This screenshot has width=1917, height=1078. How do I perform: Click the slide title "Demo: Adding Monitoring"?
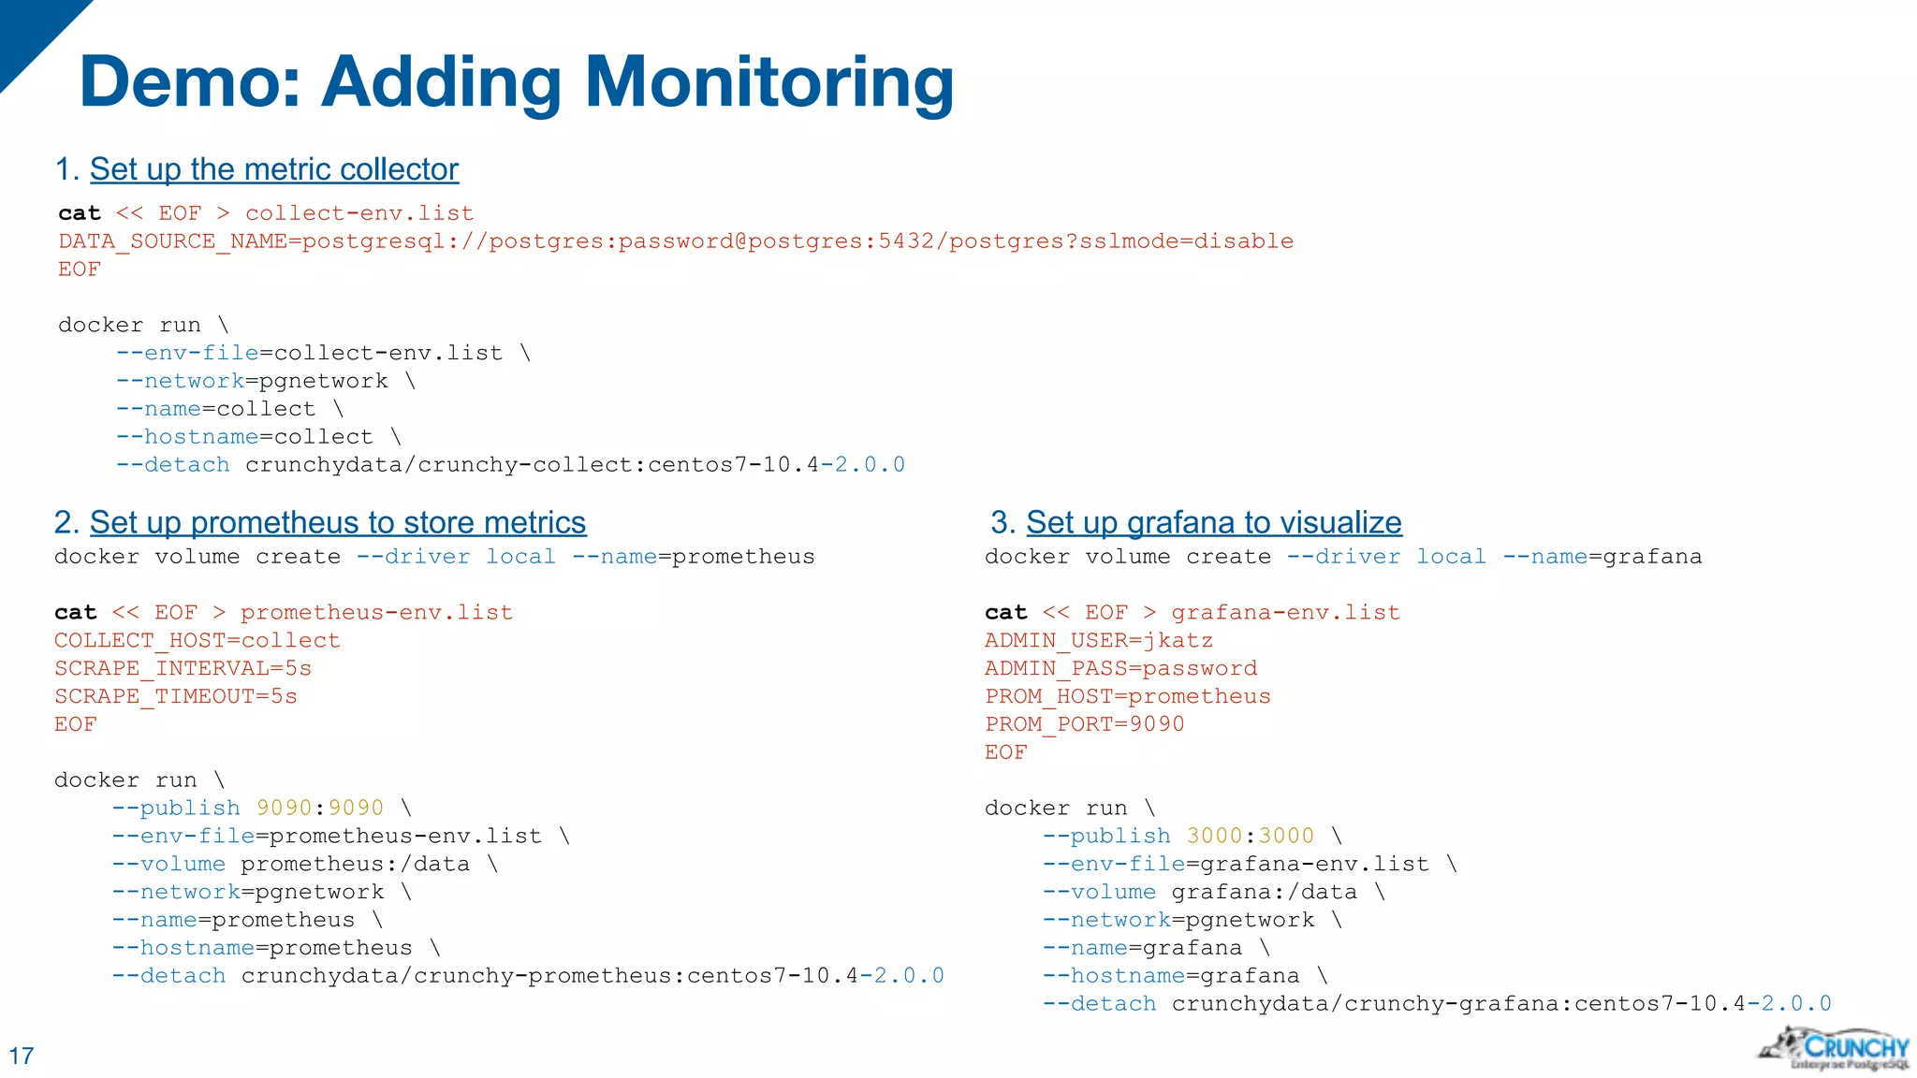tap(517, 82)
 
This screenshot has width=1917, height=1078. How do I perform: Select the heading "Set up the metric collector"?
tap(273, 169)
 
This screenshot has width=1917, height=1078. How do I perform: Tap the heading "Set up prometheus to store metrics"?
tap(338, 522)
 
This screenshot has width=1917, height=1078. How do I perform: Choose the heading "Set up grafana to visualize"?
tap(1213, 522)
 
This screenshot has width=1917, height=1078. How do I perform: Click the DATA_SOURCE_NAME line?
tap(675, 241)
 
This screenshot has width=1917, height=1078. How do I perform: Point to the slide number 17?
tap(22, 1056)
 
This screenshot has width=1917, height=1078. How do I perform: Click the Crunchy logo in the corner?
tap(1835, 1048)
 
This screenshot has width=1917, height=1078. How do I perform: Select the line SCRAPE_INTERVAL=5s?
tap(183, 668)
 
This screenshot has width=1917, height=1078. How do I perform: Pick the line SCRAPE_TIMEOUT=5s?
tap(175, 696)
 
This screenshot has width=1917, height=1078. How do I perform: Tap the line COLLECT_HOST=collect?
tap(197, 640)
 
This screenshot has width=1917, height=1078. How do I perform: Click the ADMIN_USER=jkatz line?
tap(1098, 640)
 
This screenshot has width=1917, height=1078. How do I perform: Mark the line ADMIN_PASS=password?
tap(1120, 668)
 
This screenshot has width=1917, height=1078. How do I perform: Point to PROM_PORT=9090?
tap(1084, 724)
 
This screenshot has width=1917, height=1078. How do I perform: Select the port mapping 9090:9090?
tap(320, 808)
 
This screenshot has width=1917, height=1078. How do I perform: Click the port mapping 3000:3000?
tap(1251, 836)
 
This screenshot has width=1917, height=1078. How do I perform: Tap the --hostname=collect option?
tap(244, 437)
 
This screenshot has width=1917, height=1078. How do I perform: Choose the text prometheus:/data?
tap(355, 864)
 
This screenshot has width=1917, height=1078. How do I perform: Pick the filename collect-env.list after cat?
tap(359, 213)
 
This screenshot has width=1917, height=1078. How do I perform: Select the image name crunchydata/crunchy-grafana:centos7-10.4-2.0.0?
tap(1500, 1004)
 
